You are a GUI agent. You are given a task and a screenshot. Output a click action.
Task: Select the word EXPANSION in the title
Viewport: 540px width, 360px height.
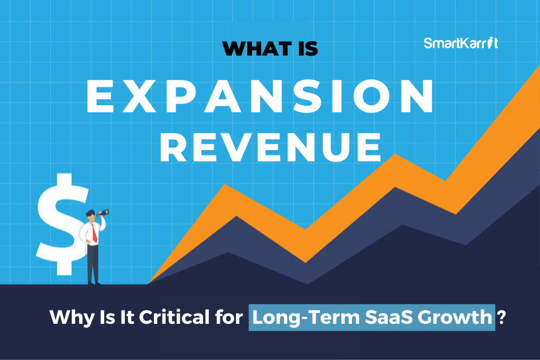pos(260,96)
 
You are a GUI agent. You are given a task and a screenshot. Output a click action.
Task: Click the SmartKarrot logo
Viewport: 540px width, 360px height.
pos(461,43)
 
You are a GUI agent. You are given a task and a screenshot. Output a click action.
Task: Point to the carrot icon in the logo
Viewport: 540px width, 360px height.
pos(491,43)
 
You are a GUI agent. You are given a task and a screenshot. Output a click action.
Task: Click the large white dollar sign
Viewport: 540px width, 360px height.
pos(62,223)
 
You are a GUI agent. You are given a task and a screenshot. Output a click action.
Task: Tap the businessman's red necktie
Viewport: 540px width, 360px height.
pos(94,233)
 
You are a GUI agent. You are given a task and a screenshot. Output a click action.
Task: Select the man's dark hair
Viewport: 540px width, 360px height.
pos(90,212)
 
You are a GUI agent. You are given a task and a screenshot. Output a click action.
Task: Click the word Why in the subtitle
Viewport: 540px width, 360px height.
pos(72,317)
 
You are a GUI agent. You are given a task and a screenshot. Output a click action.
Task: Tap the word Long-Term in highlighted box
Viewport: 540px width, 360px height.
pos(306,317)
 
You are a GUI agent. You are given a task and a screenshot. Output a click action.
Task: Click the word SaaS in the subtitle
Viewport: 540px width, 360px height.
pos(388,317)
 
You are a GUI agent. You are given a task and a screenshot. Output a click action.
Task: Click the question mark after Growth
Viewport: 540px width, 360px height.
pos(502,317)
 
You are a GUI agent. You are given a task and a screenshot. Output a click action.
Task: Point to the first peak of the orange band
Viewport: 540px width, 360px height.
pos(225,185)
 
